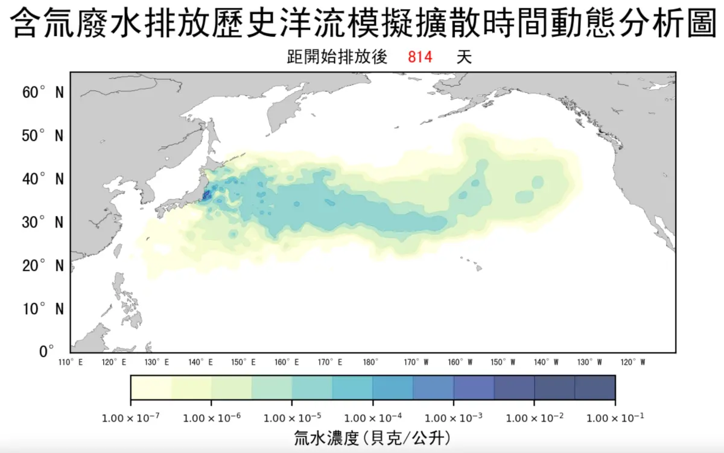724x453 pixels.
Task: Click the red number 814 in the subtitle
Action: (x=420, y=58)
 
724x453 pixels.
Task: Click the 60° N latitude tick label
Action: (x=43, y=92)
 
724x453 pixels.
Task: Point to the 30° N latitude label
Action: (x=43, y=222)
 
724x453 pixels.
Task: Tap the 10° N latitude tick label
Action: (x=43, y=309)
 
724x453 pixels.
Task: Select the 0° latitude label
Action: (x=46, y=351)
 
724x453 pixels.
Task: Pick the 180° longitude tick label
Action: (x=370, y=363)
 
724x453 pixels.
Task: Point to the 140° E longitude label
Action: (x=201, y=363)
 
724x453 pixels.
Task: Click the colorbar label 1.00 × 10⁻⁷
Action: (x=131, y=417)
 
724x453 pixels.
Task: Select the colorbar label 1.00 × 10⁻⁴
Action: (x=373, y=417)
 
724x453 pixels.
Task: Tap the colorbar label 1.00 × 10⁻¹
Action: (x=615, y=417)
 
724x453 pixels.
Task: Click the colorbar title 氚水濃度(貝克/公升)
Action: (x=372, y=436)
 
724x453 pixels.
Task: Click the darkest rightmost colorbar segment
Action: (x=595, y=388)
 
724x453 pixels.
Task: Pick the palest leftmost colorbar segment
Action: (x=151, y=388)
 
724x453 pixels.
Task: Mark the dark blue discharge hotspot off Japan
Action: (x=206, y=195)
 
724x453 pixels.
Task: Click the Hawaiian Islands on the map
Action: (x=474, y=265)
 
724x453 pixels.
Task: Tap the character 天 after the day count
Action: (x=463, y=58)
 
